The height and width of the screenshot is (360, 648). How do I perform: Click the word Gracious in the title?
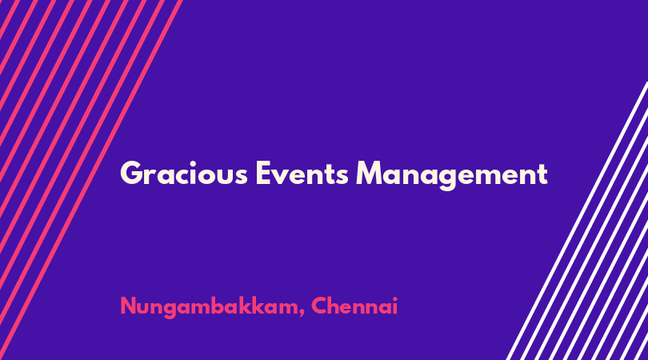(x=184, y=173)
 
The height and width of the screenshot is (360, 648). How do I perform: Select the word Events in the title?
(x=302, y=173)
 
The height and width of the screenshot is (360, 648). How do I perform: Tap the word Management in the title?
(x=452, y=175)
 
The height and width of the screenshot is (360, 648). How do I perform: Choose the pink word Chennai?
(x=354, y=306)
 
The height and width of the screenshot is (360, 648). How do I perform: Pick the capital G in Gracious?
(x=131, y=173)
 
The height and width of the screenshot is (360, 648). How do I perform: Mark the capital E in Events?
(x=264, y=173)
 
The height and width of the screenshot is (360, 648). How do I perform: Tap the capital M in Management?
(x=370, y=173)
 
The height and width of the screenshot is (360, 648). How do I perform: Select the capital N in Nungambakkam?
(x=129, y=306)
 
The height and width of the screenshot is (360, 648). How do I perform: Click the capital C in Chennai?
(x=320, y=306)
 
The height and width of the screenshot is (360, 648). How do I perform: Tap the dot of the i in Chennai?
(x=394, y=299)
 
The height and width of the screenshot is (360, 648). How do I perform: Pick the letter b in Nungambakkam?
(x=222, y=306)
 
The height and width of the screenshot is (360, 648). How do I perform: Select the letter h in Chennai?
(x=338, y=306)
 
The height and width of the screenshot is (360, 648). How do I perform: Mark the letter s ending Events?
(x=342, y=177)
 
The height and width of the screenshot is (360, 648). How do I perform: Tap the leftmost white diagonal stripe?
(x=578, y=221)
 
